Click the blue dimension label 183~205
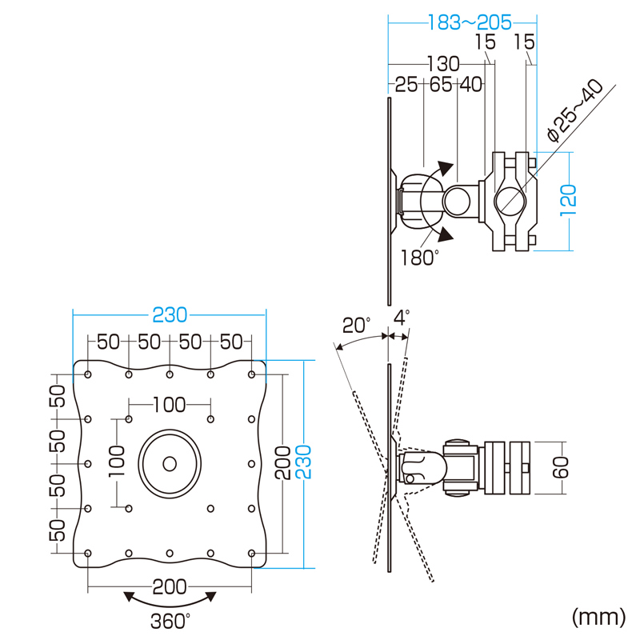pos(470,22)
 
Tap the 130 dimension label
pos(443,64)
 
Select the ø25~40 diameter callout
pos(574,110)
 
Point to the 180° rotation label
pos(419,258)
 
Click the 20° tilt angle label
pos(356,326)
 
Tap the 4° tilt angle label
pos(402,318)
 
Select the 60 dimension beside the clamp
pos(561,468)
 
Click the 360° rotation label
pos(170,622)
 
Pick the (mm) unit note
pos(598,617)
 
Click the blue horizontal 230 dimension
pos(170,315)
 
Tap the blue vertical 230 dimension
pos(304,462)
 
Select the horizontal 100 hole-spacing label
pos(170,405)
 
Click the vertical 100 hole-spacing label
pos(117,462)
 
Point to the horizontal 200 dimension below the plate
pos(170,587)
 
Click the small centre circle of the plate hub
pos(170,464)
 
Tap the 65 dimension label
pos(441,85)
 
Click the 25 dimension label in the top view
pos(406,85)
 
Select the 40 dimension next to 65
pos(471,85)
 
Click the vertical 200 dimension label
pos(282,462)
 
